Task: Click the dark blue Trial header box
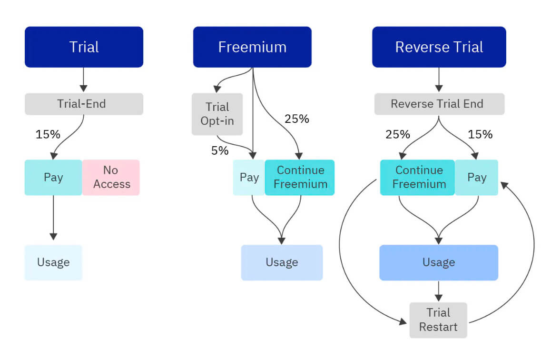(x=84, y=47)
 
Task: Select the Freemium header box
(x=252, y=47)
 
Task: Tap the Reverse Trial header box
(x=439, y=47)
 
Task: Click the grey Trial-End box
(x=84, y=104)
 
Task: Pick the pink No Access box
(x=111, y=177)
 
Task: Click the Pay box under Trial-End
(x=53, y=177)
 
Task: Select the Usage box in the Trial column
(x=53, y=262)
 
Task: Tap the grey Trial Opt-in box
(x=217, y=114)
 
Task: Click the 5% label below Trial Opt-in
(x=220, y=151)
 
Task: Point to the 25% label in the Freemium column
(x=297, y=119)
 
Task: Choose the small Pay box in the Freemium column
(x=249, y=177)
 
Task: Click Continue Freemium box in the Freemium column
(x=300, y=177)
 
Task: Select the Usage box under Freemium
(x=282, y=262)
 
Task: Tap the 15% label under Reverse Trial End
(x=480, y=134)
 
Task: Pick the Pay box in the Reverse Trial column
(x=477, y=177)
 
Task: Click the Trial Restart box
(x=438, y=320)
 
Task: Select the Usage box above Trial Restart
(x=439, y=262)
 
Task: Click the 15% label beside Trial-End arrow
(x=48, y=134)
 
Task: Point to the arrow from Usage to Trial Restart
(x=439, y=291)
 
